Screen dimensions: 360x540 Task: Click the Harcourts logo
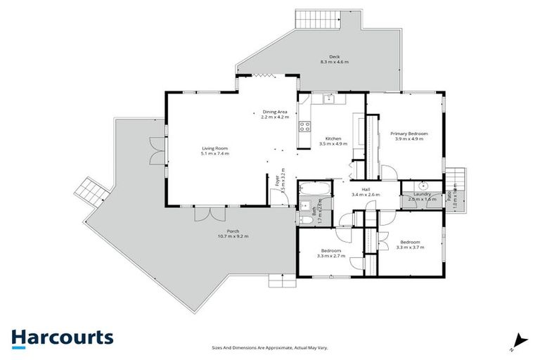(x=62, y=337)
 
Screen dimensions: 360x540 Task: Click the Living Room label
(x=215, y=148)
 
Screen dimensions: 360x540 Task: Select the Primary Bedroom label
(x=411, y=134)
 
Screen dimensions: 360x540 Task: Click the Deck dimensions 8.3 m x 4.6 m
(x=335, y=63)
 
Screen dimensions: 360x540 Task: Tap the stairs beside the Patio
(x=456, y=179)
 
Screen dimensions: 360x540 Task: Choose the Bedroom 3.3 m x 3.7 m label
(x=410, y=243)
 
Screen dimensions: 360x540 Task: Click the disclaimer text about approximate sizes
(x=270, y=347)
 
